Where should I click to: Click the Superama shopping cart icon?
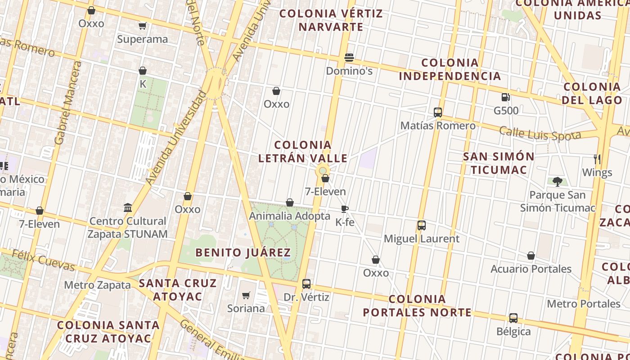[x=143, y=26]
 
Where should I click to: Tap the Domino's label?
[x=349, y=71]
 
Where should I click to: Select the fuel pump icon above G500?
[x=506, y=97]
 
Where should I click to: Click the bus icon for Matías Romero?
[x=438, y=112]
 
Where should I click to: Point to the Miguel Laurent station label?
[x=422, y=238]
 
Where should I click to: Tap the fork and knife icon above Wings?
[x=597, y=159]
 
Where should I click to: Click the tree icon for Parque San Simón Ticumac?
[x=558, y=182]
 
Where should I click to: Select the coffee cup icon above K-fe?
[x=345, y=209]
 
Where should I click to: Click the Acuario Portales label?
[x=531, y=269]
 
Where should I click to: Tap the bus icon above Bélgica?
[x=513, y=318]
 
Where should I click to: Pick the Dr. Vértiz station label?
[x=306, y=297]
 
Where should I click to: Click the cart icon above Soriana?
[x=246, y=296]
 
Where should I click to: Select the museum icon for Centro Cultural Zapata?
[x=128, y=208]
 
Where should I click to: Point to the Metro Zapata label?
[x=97, y=285]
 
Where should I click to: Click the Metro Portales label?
[x=584, y=304]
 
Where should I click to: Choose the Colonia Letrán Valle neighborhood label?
[x=303, y=152]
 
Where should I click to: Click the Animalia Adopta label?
[x=290, y=216]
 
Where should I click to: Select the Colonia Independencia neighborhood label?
[x=450, y=69]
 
